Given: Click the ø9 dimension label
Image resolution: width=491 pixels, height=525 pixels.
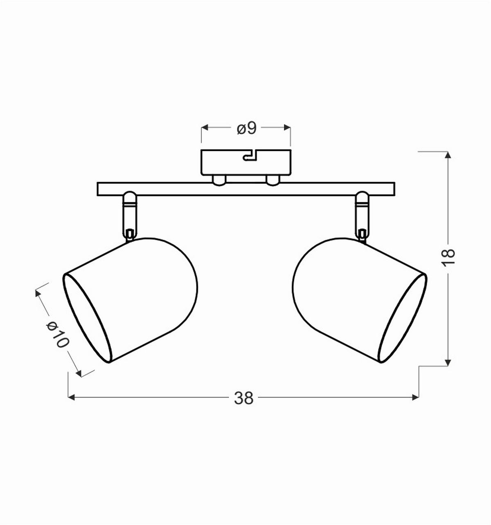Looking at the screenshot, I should (x=246, y=128).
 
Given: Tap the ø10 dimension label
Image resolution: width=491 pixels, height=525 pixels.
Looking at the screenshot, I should (x=56, y=334).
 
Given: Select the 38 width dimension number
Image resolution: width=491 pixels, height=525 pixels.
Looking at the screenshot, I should (x=244, y=398).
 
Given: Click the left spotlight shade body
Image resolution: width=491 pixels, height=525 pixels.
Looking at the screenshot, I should (x=143, y=294).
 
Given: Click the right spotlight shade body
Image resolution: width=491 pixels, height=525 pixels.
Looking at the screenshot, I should (x=348, y=294).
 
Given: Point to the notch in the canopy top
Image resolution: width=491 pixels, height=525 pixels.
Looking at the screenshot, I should (x=250, y=156).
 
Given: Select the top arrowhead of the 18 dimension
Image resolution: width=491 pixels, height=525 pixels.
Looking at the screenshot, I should (x=448, y=154).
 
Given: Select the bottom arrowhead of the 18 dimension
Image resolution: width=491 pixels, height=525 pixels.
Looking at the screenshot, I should (x=448, y=362).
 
